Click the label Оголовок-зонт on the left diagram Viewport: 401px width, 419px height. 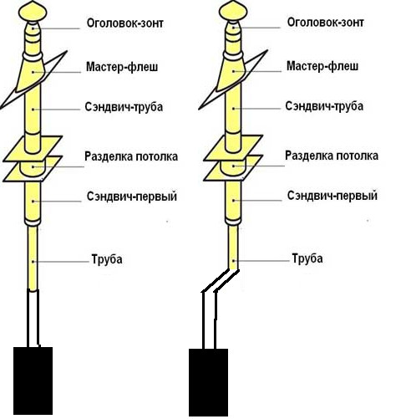(x=125, y=23)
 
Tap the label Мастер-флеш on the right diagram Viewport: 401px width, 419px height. (x=322, y=66)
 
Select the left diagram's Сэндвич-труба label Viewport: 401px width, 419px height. (x=124, y=107)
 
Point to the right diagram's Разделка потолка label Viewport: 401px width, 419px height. (x=332, y=156)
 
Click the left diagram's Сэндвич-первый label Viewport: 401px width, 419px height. (x=132, y=197)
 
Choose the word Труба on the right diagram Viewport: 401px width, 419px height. (x=307, y=258)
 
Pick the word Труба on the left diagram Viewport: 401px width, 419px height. (x=107, y=259)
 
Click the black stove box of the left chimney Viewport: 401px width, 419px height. (x=33, y=381)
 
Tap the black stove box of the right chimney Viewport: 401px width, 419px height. (x=208, y=382)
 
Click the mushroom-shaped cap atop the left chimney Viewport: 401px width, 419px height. (x=33, y=12)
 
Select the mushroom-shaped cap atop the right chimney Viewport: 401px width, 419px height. (x=233, y=11)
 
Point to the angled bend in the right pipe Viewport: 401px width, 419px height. (x=221, y=281)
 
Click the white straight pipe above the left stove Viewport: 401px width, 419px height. (x=33, y=318)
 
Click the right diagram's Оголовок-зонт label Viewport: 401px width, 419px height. (x=325, y=23)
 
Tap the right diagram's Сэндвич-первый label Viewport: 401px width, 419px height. (x=332, y=196)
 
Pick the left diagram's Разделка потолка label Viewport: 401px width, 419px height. (x=131, y=156)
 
